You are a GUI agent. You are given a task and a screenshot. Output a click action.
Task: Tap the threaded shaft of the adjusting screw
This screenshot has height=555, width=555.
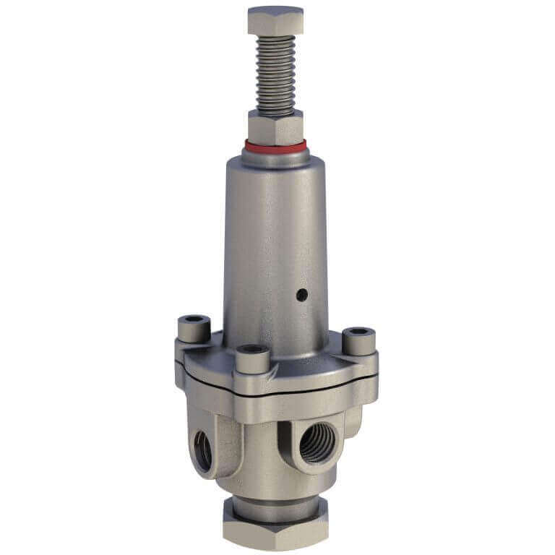point(275,72)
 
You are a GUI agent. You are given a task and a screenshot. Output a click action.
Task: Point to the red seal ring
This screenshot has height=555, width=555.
point(275,147)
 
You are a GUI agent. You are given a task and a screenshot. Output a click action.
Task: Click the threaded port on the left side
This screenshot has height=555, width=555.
point(203,449)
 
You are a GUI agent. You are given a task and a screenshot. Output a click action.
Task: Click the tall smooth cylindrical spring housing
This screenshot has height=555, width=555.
point(275,238)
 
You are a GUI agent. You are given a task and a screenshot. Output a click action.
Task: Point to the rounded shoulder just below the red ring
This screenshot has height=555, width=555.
point(275,160)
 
